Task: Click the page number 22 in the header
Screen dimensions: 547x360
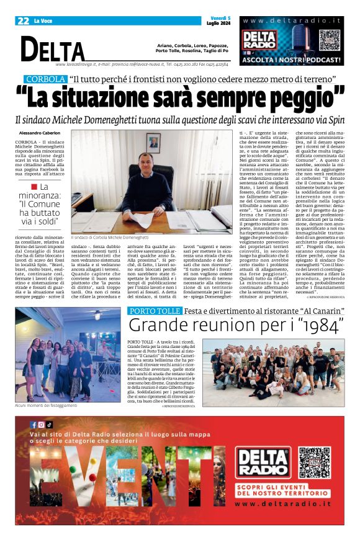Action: (23, 20)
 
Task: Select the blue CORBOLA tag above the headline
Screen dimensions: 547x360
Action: (45, 79)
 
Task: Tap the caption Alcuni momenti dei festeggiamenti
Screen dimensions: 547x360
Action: (46, 406)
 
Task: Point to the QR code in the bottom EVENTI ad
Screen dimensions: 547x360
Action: (315, 462)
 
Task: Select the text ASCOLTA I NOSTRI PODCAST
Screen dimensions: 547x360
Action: (292, 61)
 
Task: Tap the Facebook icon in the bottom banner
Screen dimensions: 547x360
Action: (34, 425)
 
